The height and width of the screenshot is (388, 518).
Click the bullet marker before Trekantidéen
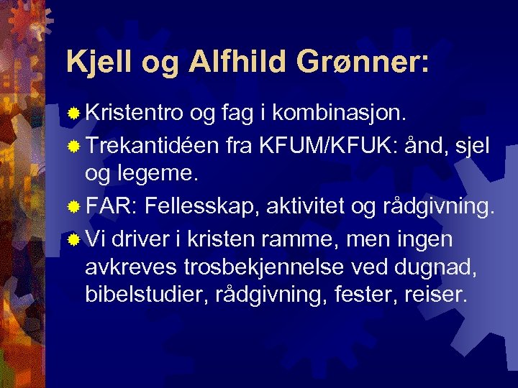click(x=73, y=147)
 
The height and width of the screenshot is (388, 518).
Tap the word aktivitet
click(x=306, y=208)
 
